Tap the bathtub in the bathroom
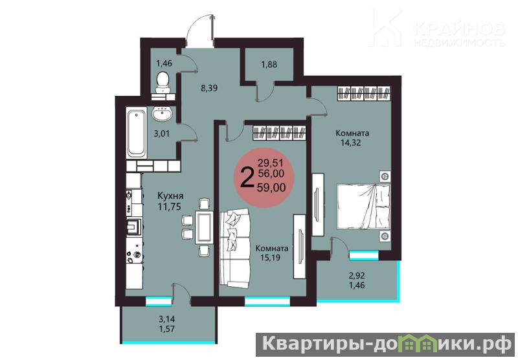136,133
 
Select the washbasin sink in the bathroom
162,114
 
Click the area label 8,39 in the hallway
209,88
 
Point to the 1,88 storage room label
269,64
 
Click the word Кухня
170,196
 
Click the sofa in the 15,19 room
235,248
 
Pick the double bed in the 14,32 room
363,206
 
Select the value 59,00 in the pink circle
271,187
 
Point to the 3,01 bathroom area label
161,134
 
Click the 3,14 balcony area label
167,319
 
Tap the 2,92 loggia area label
357,275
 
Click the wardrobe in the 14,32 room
364,93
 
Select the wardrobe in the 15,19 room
280,133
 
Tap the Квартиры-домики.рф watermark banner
385,344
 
